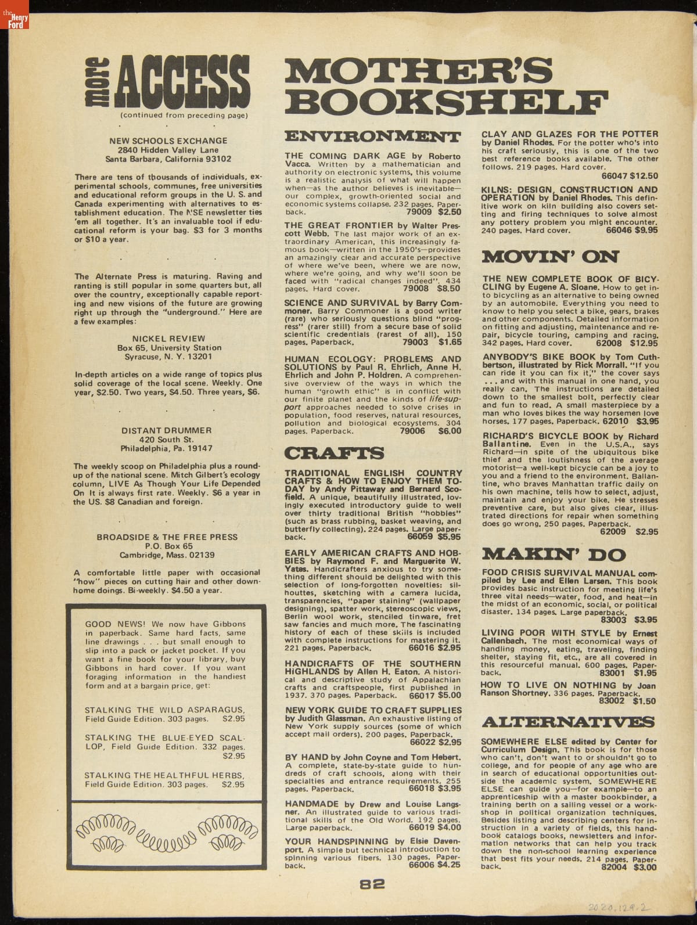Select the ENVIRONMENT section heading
pos(372,138)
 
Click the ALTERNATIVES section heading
pos(568,722)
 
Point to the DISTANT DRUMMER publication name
pos(167,430)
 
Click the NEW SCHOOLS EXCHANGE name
pos(168,141)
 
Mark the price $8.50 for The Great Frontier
pos(448,287)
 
